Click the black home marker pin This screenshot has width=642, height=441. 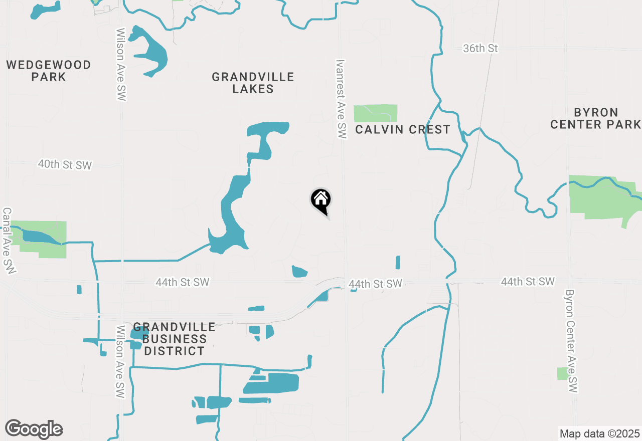click(x=321, y=201)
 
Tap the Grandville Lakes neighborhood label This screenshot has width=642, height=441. click(x=253, y=83)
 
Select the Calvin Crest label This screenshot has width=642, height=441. click(x=403, y=129)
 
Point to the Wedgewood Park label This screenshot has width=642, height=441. click(x=49, y=71)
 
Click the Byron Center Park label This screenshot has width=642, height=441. click(x=596, y=118)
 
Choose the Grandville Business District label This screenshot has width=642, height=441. click(x=174, y=339)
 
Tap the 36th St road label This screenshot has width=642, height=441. click(x=480, y=49)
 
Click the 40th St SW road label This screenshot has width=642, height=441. click(x=65, y=164)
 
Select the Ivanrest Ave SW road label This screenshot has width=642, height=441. click(x=341, y=99)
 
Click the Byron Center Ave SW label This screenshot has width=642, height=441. click(x=571, y=341)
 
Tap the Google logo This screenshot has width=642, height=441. click(x=34, y=429)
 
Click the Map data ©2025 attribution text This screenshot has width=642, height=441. click(x=599, y=433)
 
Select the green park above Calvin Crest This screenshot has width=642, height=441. click(x=375, y=113)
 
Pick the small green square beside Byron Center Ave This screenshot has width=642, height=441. click(x=563, y=373)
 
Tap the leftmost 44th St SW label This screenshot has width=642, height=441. click(x=182, y=282)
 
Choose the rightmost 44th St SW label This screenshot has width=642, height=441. click(x=527, y=282)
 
